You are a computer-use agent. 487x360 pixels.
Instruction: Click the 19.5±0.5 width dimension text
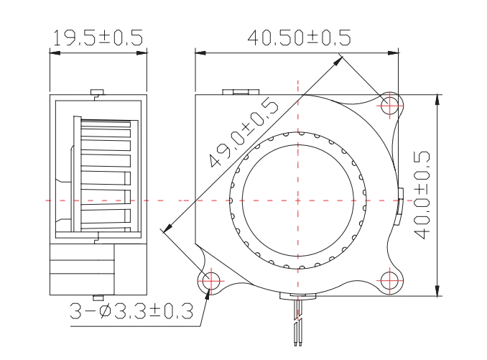click(x=98, y=37)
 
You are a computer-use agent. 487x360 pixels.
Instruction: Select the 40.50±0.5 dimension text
click(x=299, y=37)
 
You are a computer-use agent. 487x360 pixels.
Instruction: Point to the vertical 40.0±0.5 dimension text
click(x=422, y=195)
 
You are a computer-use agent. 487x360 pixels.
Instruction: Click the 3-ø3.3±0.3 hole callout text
click(x=131, y=311)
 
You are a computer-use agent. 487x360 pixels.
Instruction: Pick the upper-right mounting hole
click(x=390, y=106)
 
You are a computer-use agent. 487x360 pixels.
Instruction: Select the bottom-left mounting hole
click(x=210, y=281)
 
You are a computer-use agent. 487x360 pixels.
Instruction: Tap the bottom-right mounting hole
click(x=390, y=280)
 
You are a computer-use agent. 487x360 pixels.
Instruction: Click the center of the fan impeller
click(x=298, y=200)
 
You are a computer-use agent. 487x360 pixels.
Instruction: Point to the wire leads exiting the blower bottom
click(x=297, y=321)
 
